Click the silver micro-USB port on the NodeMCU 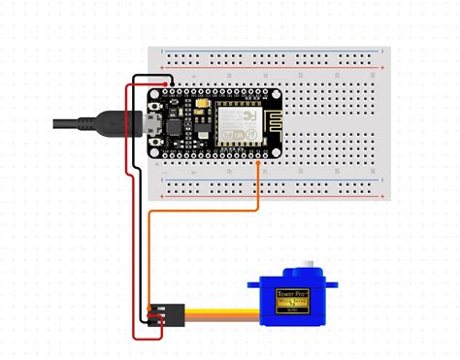tap(152, 125)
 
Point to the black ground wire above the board tap(155, 78)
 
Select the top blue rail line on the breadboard tap(272, 50)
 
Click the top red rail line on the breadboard tap(272, 68)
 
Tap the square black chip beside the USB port tap(175, 125)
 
